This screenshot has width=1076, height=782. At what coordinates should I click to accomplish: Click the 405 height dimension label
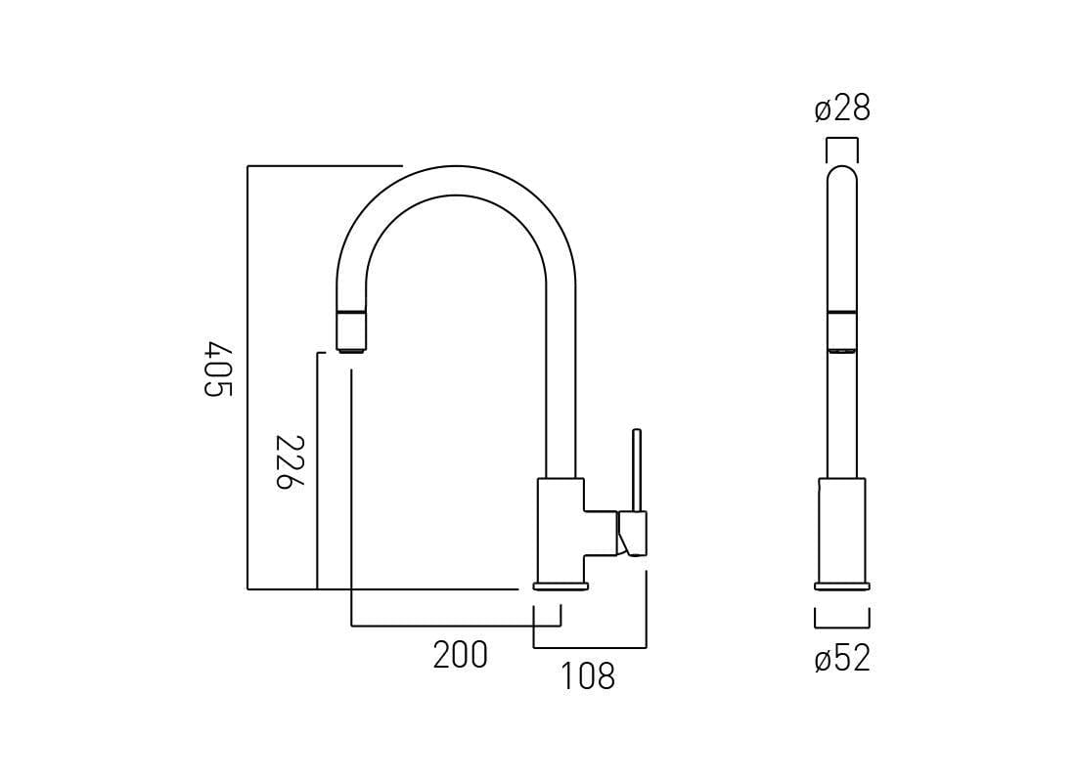pos(219,369)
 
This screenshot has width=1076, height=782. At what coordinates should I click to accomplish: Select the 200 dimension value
pos(460,655)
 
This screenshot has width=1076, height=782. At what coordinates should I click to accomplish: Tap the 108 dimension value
pos(587,675)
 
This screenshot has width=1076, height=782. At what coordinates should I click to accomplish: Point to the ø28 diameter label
pos(842,109)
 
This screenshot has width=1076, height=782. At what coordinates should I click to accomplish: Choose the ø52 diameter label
pos(842,658)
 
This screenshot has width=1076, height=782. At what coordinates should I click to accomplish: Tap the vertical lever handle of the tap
pos(637,469)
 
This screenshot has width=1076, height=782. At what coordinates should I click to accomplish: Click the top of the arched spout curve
pos(455,180)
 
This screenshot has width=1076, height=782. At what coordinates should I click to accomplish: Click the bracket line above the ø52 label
pos(842,627)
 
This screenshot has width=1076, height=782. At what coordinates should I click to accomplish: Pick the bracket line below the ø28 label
pos(842,140)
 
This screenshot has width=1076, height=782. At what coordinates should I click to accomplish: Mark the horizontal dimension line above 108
pos(590,647)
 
